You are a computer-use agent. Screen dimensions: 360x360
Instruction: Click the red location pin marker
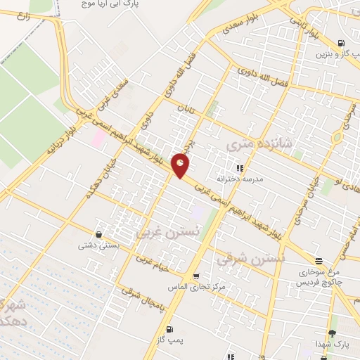pyautogui.click(x=181, y=165)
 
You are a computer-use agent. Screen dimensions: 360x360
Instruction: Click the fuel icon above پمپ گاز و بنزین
pyautogui.click(x=342, y=42)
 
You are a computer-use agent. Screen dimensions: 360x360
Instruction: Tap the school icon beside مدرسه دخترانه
pyautogui.click(x=239, y=168)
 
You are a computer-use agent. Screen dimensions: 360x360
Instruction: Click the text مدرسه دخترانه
pyautogui.click(x=240, y=179)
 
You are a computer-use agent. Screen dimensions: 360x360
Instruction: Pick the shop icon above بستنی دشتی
pyautogui.click(x=99, y=234)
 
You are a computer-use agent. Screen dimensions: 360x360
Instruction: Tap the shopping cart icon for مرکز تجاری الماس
pyautogui.click(x=195, y=276)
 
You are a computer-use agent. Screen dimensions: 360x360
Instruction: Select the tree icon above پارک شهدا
pyautogui.click(x=332, y=333)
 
